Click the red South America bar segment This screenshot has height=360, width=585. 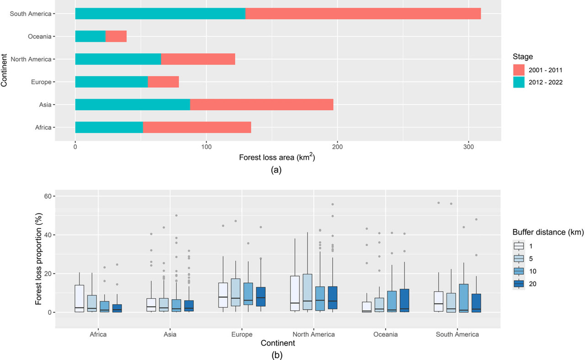point(363,14)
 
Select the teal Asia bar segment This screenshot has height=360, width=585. point(133,105)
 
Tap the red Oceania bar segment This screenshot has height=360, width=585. point(116,37)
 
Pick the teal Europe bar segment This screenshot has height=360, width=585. point(112,82)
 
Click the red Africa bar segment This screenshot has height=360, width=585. point(197,127)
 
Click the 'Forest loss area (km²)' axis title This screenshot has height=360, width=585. point(277,158)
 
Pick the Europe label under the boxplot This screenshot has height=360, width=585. point(242,334)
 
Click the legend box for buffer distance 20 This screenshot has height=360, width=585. point(518,284)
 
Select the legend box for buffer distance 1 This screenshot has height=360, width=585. point(518,246)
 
